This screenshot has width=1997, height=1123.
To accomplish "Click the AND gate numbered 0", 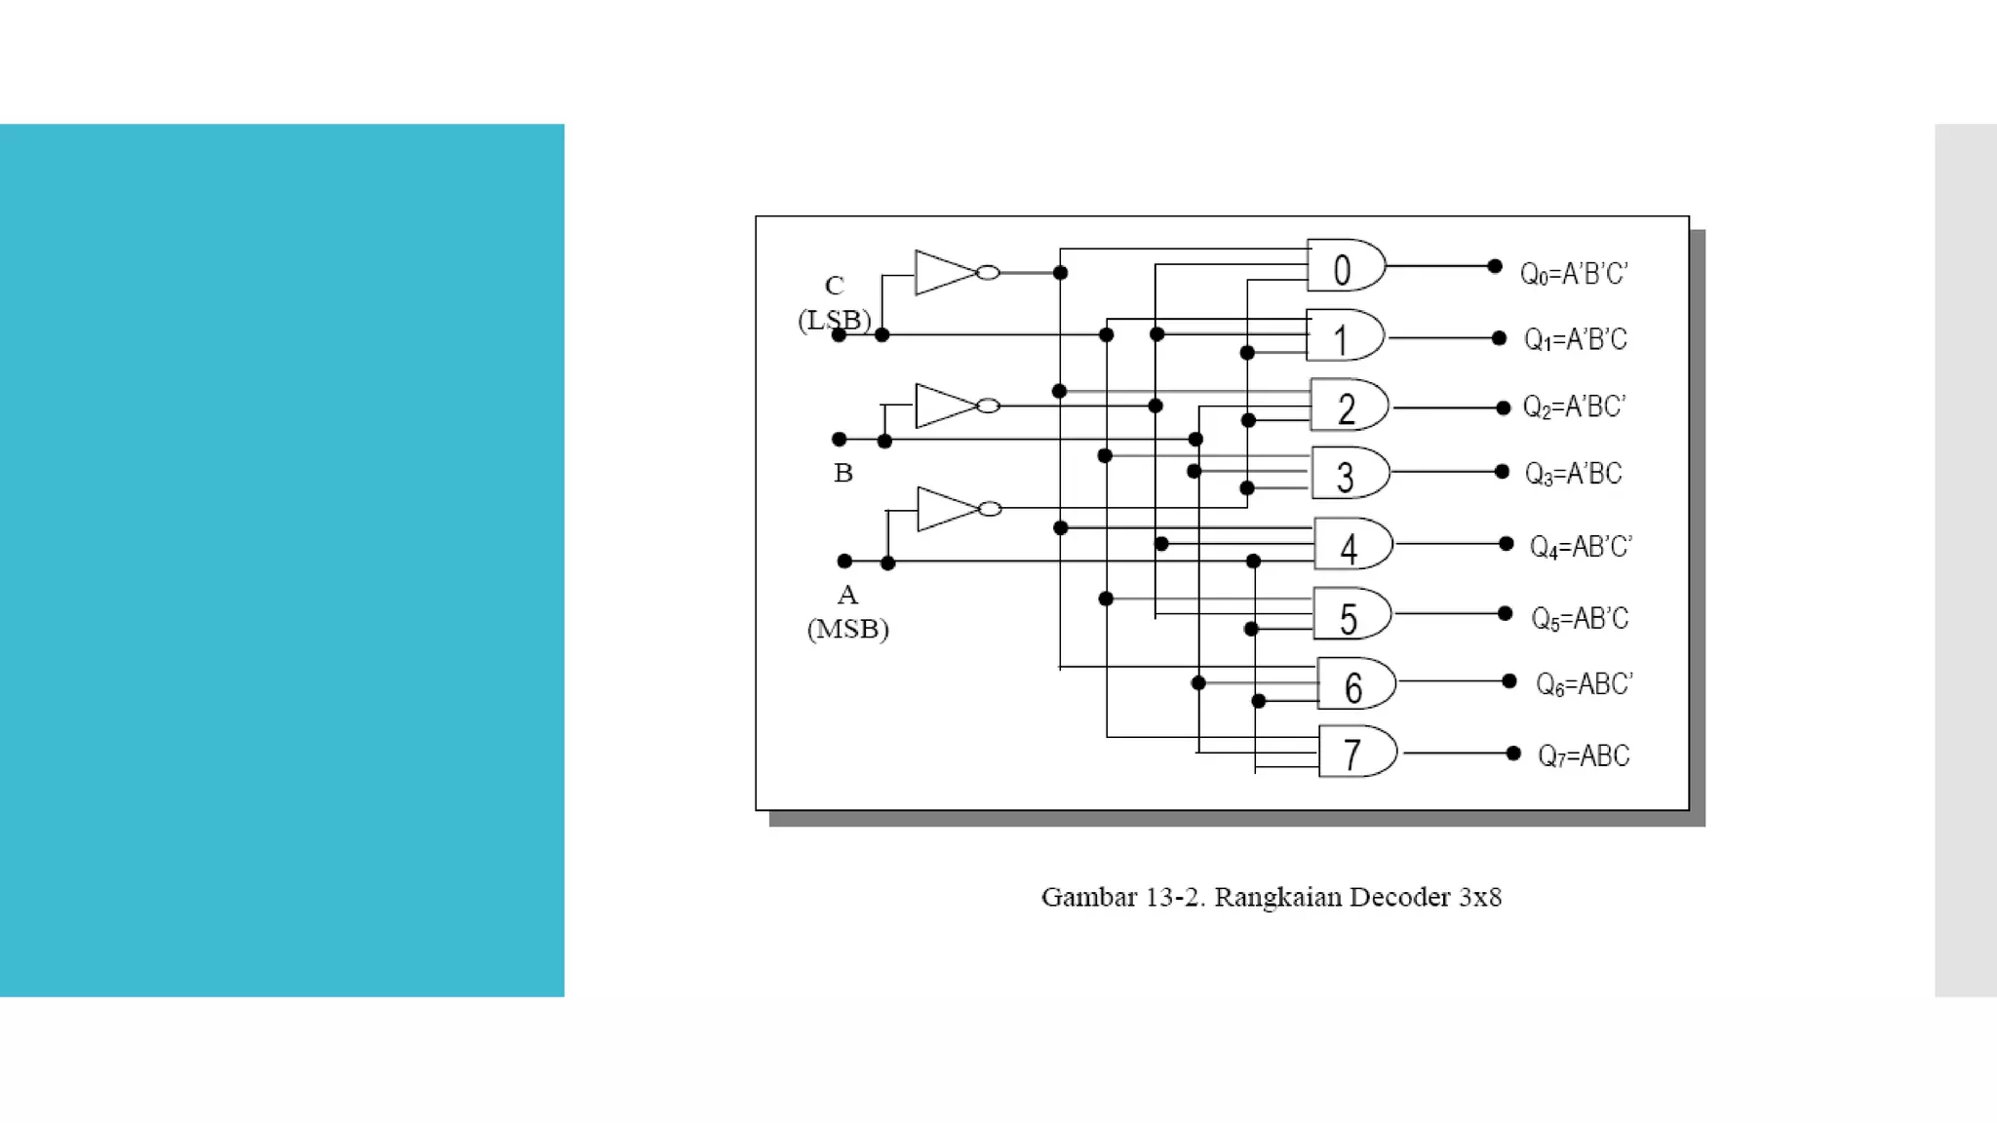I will coord(1345,266).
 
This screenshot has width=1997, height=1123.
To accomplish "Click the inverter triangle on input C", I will coord(942,273).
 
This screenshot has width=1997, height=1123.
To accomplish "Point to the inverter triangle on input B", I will coord(943,406).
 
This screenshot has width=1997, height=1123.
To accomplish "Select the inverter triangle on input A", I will coord(945,509).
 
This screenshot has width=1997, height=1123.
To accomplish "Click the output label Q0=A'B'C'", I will coord(1574,274).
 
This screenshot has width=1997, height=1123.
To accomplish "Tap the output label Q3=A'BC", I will coord(1573,474).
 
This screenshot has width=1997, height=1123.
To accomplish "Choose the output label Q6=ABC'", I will coord(1584,684).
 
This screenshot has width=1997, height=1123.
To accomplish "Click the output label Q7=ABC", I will coord(1584,755).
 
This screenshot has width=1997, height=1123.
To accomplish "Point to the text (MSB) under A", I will coord(847,629).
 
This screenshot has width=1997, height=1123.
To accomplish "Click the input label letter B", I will coord(843,474).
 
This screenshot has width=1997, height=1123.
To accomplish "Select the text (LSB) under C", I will coord(834,320).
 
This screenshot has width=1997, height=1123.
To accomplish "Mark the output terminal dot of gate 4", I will coord(1507,544).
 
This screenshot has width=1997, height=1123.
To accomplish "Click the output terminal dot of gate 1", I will coord(1499,338).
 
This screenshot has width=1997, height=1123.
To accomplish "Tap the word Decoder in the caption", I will coord(1400,897).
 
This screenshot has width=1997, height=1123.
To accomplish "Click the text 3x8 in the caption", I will coord(1479,897).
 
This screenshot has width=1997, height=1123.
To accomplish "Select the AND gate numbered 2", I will coord(1349,406).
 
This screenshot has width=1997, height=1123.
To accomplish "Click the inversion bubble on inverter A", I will coord(990,509).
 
